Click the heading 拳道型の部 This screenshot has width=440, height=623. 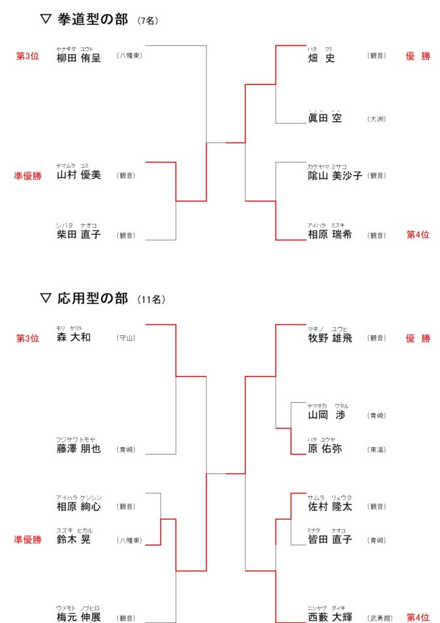tap(93, 19)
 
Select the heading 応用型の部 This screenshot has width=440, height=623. tap(93, 298)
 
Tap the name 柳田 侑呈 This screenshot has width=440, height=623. tap(79, 58)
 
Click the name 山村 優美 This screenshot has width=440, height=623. tap(79, 175)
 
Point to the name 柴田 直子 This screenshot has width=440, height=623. tap(79, 235)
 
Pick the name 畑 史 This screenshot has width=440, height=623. tap(321, 58)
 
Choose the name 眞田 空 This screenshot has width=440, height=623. tap(325, 118)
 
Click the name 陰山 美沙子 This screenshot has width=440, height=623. tap(335, 175)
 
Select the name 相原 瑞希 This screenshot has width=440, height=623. tap(330, 235)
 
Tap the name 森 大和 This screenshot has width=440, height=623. tap(74, 337)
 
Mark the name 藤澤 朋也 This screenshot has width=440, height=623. tap(79, 449)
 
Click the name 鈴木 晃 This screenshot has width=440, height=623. tap(74, 540)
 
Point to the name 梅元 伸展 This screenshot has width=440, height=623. tap(79, 618)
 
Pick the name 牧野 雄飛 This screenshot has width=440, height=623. tap(330, 338)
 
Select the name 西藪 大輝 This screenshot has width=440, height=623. tap(330, 618)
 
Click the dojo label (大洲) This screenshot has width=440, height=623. tap(377, 119)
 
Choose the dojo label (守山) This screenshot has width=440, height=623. tap(125, 338)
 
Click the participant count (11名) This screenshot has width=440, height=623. tap(151, 300)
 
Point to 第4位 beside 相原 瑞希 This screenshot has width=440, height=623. tap(417, 235)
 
